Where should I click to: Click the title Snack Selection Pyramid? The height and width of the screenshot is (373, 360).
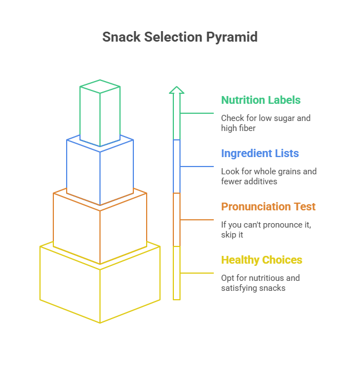179,37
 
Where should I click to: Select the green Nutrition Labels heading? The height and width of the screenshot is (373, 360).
261,100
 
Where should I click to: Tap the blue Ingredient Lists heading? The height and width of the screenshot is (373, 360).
259,154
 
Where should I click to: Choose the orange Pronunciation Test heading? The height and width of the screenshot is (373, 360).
268,207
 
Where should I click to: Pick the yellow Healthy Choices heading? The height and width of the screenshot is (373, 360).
262,260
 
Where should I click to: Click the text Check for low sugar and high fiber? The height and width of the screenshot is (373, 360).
265,123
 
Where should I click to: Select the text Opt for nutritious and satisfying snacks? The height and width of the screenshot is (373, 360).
260,283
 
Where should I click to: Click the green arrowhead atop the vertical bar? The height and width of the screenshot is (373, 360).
177,90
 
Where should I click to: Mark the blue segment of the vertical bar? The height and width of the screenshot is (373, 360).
177,167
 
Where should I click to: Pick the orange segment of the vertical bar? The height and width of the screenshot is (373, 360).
177,220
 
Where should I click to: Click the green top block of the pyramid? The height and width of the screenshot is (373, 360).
100,114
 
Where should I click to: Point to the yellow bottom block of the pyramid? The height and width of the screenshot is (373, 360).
100,289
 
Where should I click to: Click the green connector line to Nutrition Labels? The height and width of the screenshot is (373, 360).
197,113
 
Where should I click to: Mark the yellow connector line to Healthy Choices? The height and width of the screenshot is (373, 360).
197,273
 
